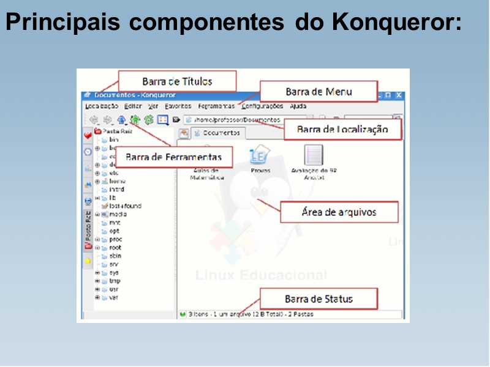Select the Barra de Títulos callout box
click(x=177, y=81)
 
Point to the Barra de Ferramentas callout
click(x=173, y=157)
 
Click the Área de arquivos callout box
click(x=339, y=212)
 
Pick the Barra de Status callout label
click(x=318, y=299)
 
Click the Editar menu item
click(x=132, y=106)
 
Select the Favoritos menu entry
click(x=178, y=106)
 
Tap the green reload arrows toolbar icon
click(x=148, y=120)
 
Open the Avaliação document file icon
click(x=313, y=156)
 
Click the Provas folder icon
click(x=258, y=156)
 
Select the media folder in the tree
click(x=117, y=215)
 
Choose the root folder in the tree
click(x=115, y=248)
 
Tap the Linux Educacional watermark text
click(x=261, y=275)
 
